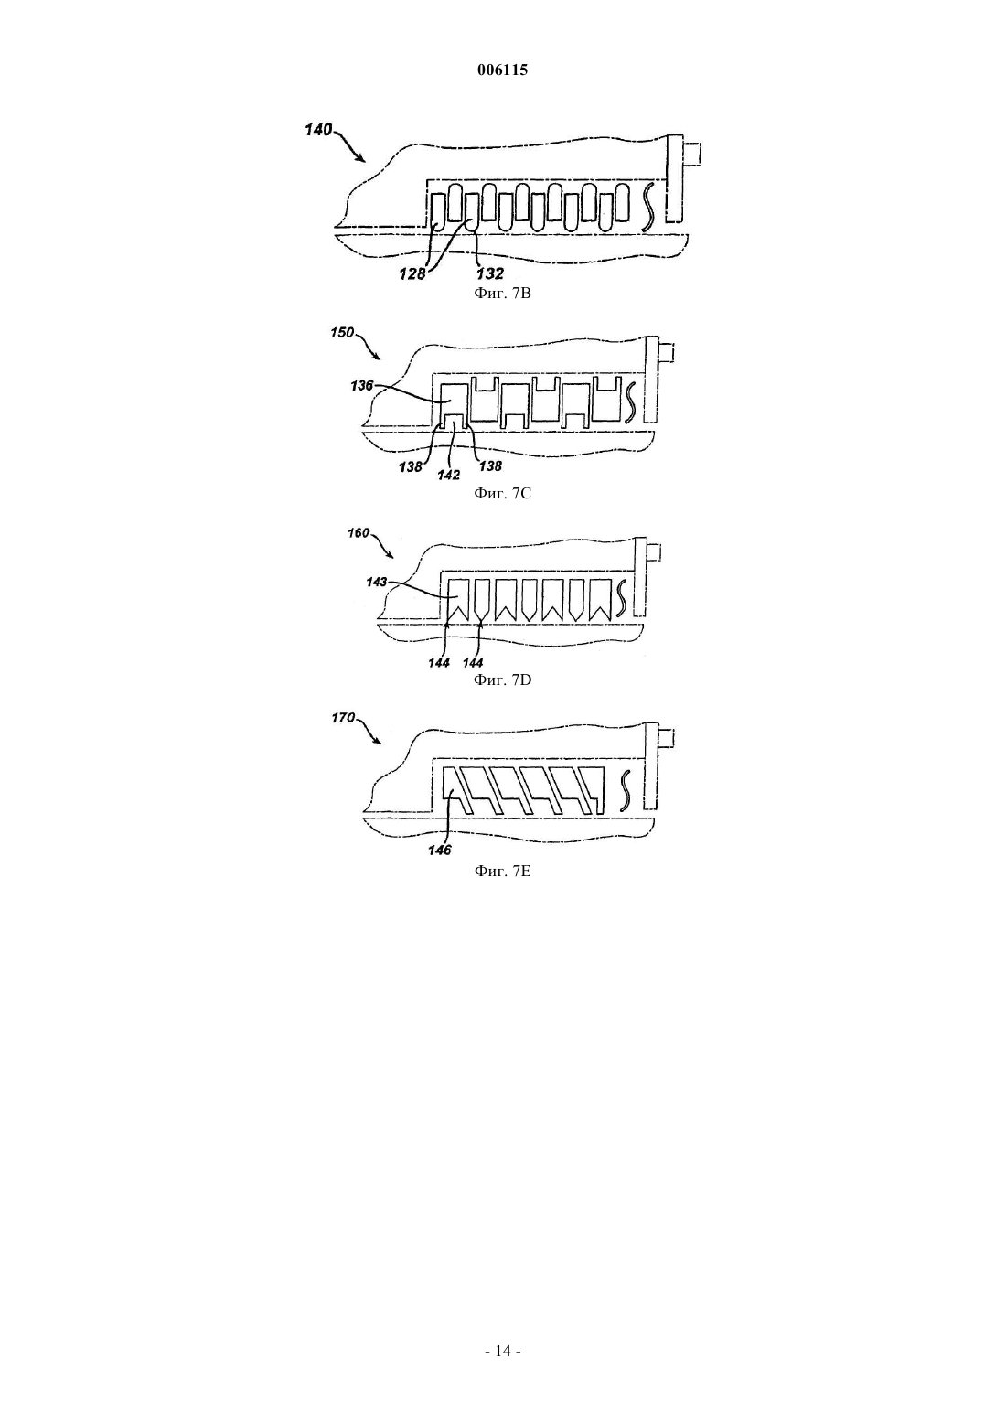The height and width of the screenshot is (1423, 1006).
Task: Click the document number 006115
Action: (x=502, y=70)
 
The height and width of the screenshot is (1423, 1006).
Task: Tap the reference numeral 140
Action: (x=318, y=130)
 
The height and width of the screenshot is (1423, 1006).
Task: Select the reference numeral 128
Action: (x=412, y=274)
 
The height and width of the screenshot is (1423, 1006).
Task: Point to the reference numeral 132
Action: (x=489, y=273)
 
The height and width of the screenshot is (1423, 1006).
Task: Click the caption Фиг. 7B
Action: (x=502, y=294)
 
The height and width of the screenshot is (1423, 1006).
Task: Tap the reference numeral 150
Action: (x=342, y=332)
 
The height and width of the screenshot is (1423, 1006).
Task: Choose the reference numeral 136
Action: (x=361, y=385)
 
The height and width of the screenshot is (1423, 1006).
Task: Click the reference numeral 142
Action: (x=448, y=476)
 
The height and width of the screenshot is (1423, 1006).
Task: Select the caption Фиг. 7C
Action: (x=502, y=494)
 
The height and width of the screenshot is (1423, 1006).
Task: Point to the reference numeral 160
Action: (x=359, y=533)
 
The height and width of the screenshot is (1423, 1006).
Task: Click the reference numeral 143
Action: (x=376, y=582)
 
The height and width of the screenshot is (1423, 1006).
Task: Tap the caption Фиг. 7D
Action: (x=502, y=680)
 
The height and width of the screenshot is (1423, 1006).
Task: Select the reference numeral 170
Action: (x=342, y=718)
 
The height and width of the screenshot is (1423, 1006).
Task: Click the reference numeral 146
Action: (x=440, y=851)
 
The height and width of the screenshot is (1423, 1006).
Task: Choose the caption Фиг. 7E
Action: (x=502, y=871)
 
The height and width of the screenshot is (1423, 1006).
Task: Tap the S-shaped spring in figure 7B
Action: (x=648, y=207)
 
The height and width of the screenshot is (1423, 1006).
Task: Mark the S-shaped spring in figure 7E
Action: (x=625, y=790)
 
